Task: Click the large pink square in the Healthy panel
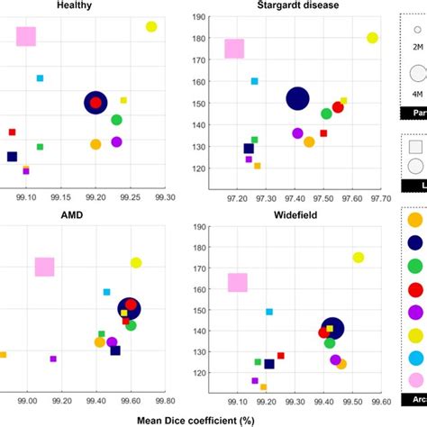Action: click(x=26, y=36)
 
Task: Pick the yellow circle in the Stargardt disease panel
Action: click(x=372, y=38)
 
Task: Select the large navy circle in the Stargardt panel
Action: click(x=297, y=98)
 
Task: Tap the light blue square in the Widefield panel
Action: click(x=269, y=312)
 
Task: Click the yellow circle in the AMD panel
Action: click(x=136, y=263)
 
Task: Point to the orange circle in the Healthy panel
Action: click(x=95, y=144)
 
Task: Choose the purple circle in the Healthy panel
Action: click(x=116, y=141)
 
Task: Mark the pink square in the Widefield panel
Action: click(x=237, y=283)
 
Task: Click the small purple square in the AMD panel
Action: click(x=53, y=359)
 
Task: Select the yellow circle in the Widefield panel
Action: click(x=359, y=258)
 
